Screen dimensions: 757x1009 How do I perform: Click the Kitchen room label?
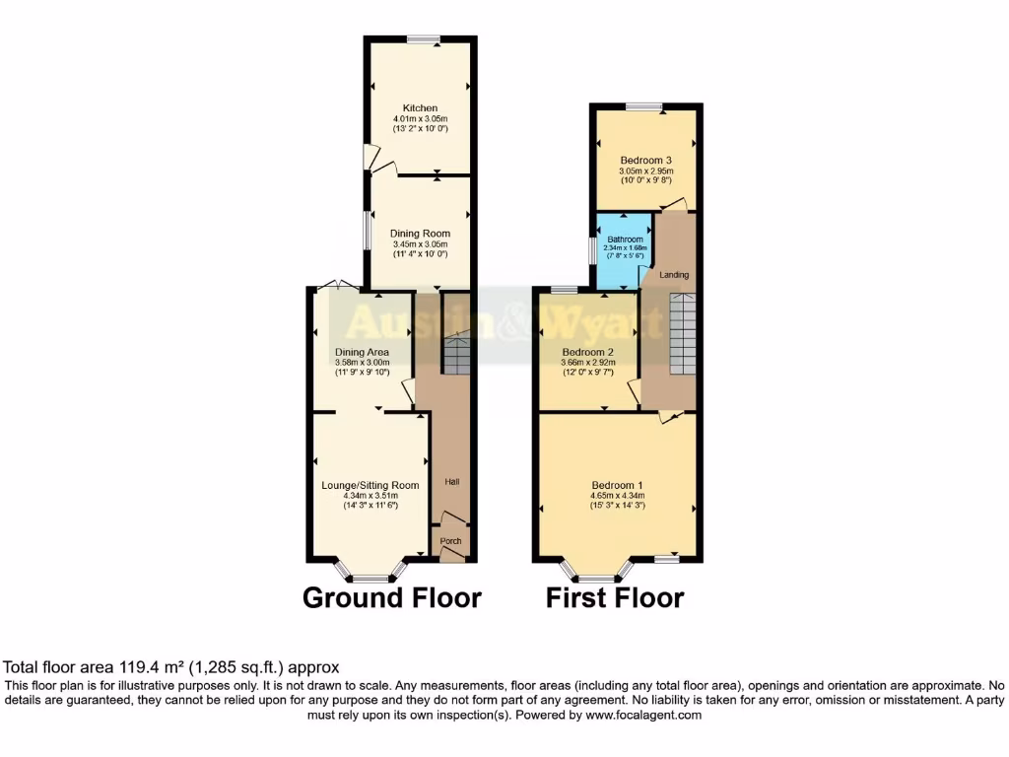coord(420,108)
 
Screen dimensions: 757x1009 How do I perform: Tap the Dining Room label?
coord(420,234)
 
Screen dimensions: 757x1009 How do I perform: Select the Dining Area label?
coord(362,352)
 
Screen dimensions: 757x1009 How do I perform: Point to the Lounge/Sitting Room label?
coord(370,485)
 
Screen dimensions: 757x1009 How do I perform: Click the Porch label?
coord(450,541)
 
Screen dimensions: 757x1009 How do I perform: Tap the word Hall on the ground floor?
coord(452,482)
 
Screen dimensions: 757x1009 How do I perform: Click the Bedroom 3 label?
coord(645,160)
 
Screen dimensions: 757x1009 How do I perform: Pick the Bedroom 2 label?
coord(588,352)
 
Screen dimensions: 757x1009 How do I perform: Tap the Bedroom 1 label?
coord(617,485)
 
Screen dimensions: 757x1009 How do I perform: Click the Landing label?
coord(674,275)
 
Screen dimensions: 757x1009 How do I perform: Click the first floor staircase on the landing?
coord(684,333)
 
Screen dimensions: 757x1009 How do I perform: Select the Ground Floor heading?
coord(391,597)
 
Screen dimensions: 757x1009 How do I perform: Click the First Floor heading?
coord(615,597)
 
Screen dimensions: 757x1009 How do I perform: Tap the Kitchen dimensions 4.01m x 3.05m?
coord(420,119)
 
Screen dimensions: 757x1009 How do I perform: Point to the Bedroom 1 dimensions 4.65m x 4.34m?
coord(617,496)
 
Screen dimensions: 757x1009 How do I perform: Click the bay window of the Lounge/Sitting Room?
coord(370,575)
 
